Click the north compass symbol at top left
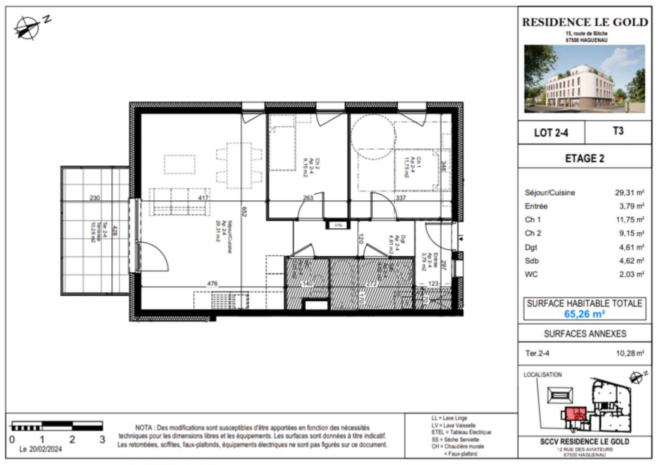coord(27,28)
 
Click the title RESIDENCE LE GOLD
coord(585,22)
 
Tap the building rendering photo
coord(585,79)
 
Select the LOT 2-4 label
coord(551,133)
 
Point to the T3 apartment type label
coord(618,131)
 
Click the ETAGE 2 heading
coord(585,158)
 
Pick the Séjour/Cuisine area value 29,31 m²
coord(629,192)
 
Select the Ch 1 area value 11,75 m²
coord(629,220)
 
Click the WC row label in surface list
coord(531,274)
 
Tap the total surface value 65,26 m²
coord(585,314)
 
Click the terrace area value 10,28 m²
coord(630,353)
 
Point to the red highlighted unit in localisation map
coord(574,414)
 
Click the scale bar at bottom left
coord(57,426)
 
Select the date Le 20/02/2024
coord(40,449)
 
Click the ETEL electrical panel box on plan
coord(338,225)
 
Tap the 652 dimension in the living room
coord(244,212)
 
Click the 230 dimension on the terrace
coord(95,198)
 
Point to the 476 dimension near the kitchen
coord(212,284)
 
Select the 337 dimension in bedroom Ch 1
coord(401,198)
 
